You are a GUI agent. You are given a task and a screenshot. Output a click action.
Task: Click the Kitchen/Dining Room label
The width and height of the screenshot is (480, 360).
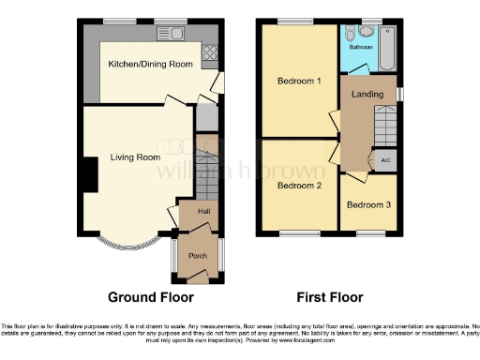[151, 62]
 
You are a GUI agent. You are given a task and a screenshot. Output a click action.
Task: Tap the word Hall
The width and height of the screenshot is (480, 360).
[202, 213]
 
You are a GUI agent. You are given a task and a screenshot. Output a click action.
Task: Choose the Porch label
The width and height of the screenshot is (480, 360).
[198, 256]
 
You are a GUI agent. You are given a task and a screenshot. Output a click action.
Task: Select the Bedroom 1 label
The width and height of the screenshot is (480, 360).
[299, 82]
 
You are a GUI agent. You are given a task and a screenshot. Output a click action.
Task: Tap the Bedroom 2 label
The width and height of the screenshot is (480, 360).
[299, 186]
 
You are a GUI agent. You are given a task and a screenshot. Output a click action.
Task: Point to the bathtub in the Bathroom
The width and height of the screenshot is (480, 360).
[386, 44]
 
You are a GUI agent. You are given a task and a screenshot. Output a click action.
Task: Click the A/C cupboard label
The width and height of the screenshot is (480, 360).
[385, 160]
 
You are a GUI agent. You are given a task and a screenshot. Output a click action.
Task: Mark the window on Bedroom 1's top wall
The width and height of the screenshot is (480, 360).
[295, 21]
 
